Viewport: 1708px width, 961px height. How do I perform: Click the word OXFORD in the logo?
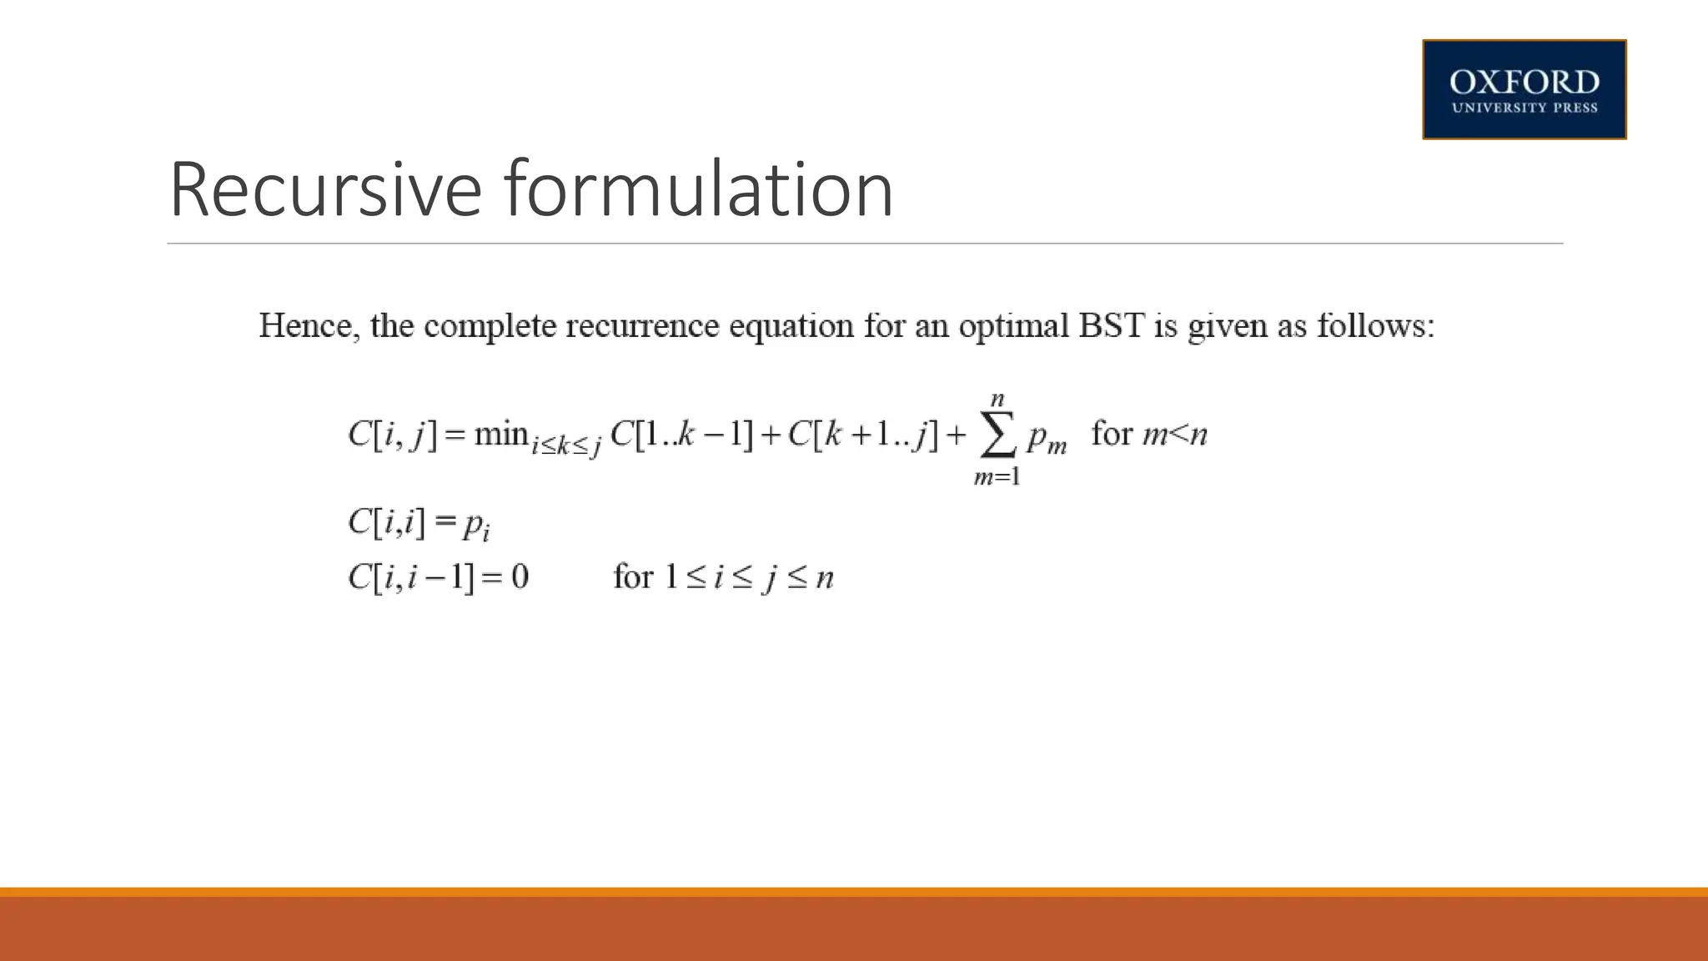pos(1524,83)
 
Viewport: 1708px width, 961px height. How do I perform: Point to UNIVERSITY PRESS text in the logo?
pos(1524,108)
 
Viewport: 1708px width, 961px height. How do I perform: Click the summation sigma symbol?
pos(997,436)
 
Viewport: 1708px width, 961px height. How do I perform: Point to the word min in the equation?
pos(501,434)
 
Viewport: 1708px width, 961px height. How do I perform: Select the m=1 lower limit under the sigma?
pos(997,477)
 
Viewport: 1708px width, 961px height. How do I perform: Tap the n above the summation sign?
pos(997,400)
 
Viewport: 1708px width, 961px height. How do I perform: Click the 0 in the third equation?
pos(520,577)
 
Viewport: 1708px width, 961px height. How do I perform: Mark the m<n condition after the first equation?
pos(1174,435)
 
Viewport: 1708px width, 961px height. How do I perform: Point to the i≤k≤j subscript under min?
pos(566,446)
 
